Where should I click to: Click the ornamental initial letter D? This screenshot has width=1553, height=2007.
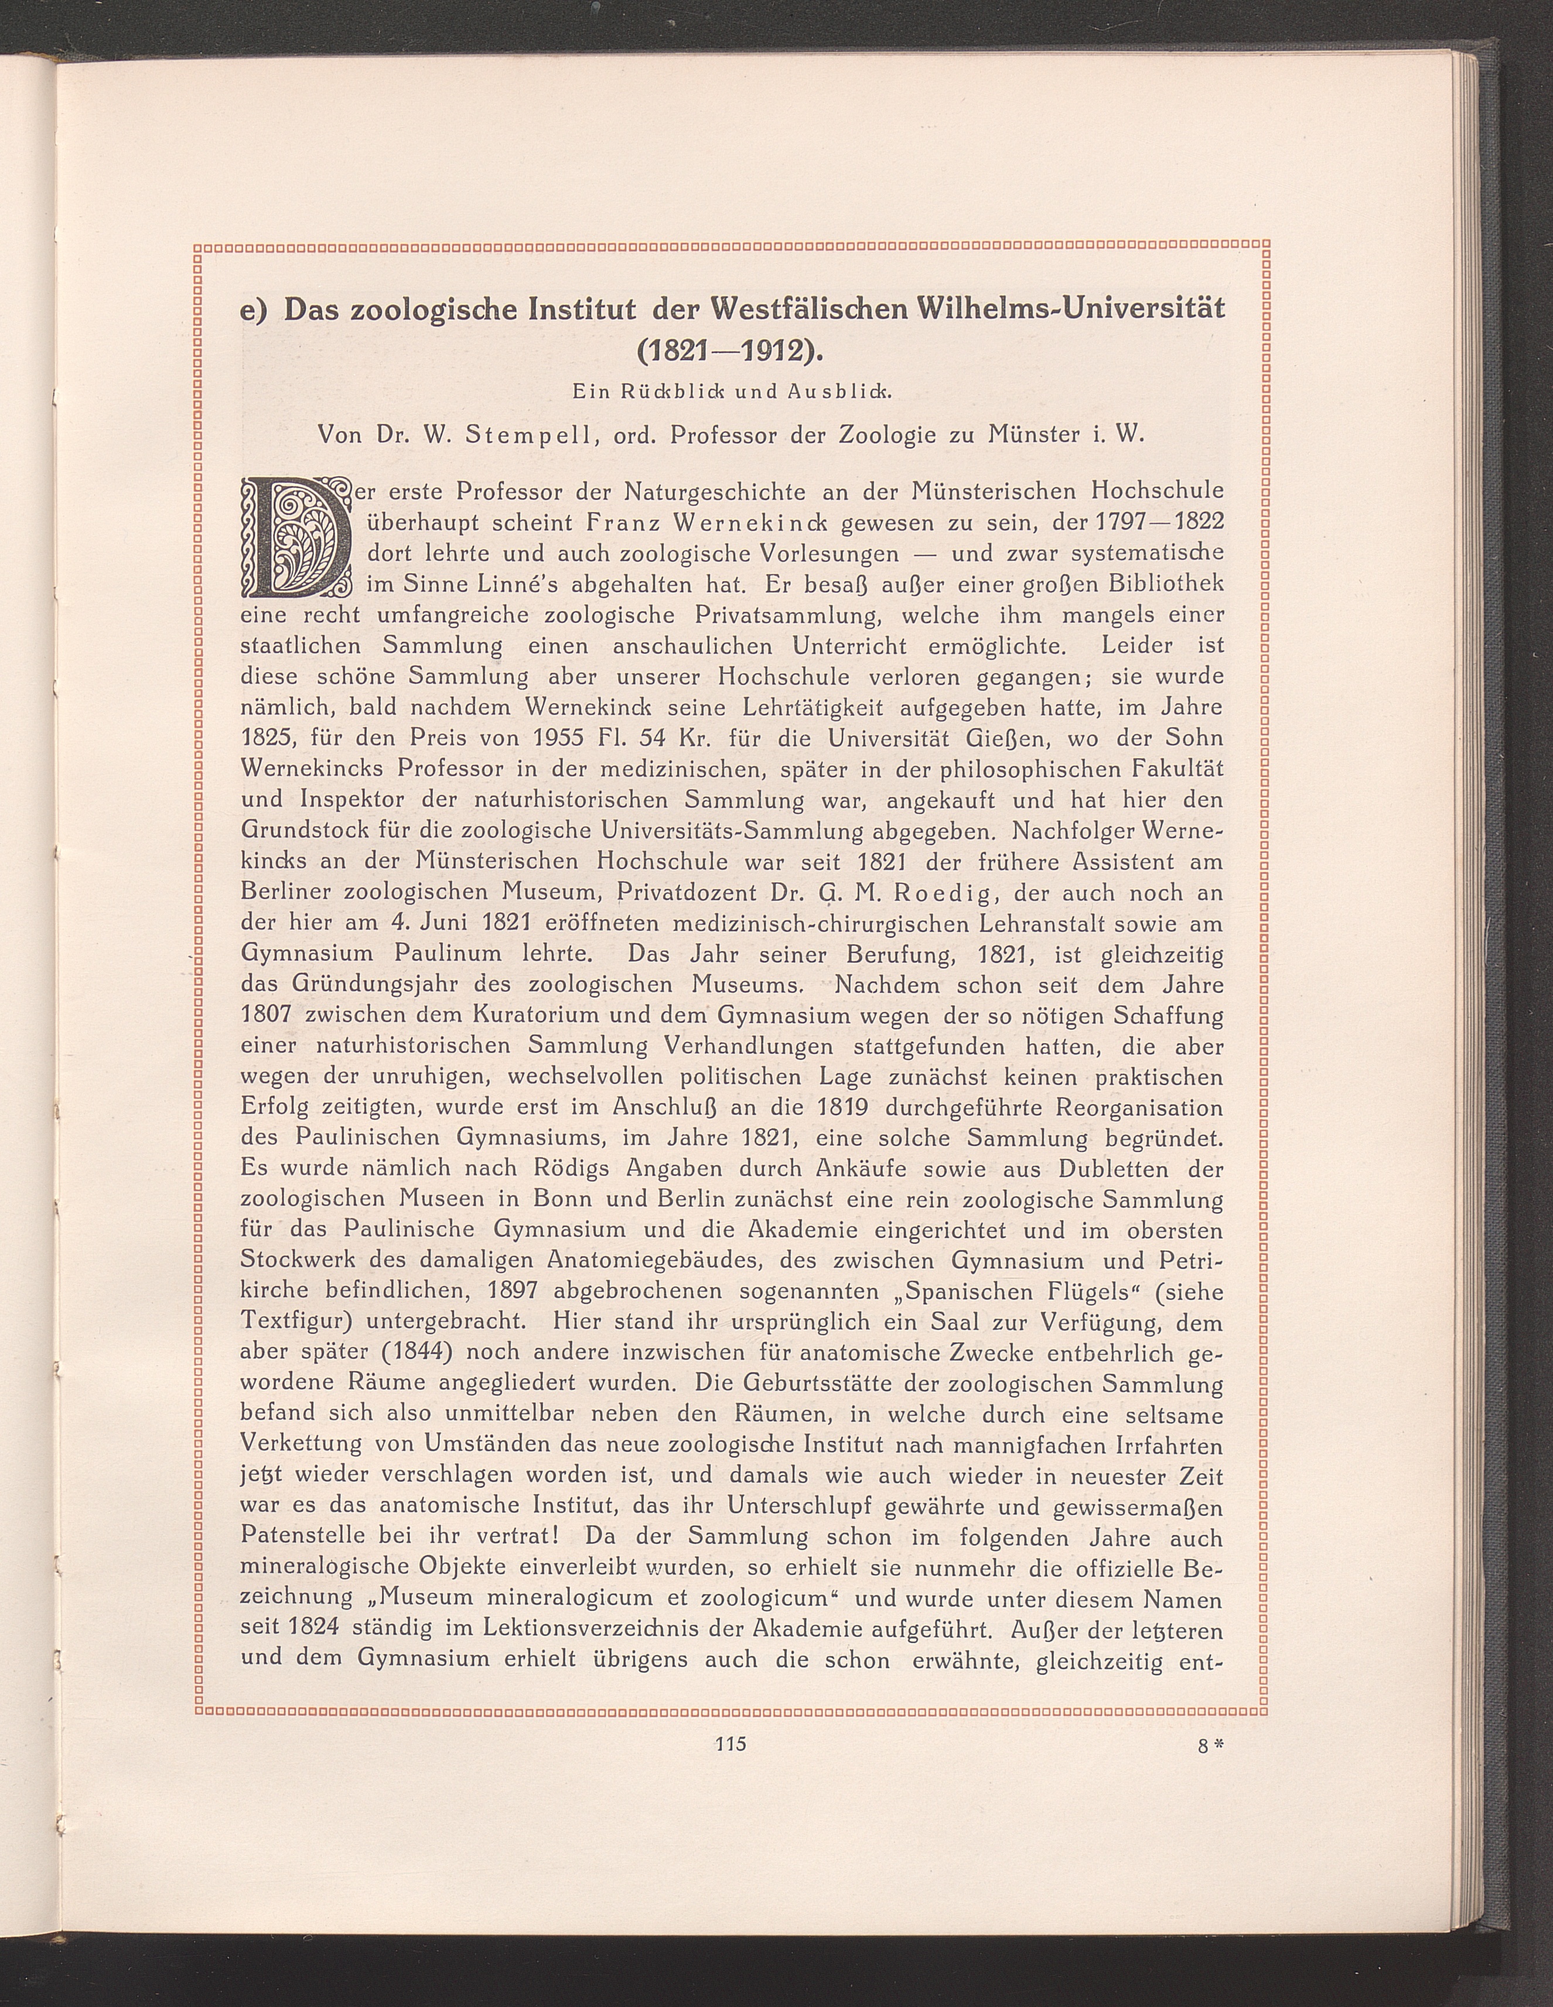[x=296, y=537]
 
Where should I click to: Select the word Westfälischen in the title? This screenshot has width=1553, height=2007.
[x=808, y=309]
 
